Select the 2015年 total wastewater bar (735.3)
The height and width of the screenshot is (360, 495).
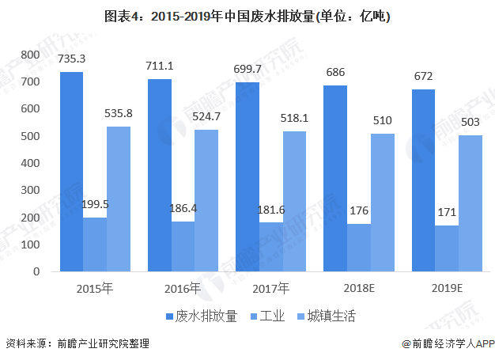coord(72,172)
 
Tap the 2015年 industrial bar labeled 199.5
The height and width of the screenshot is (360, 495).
coord(95,244)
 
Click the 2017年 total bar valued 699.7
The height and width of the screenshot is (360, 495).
coord(247,176)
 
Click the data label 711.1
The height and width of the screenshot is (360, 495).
coord(161,66)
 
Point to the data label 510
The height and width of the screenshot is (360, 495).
coord(381,120)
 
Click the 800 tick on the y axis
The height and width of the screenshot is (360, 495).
coord(31,55)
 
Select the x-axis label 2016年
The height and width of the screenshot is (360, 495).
coord(183,288)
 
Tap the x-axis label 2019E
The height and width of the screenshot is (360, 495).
coord(446,288)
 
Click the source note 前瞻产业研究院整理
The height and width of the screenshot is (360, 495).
coord(102,344)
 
